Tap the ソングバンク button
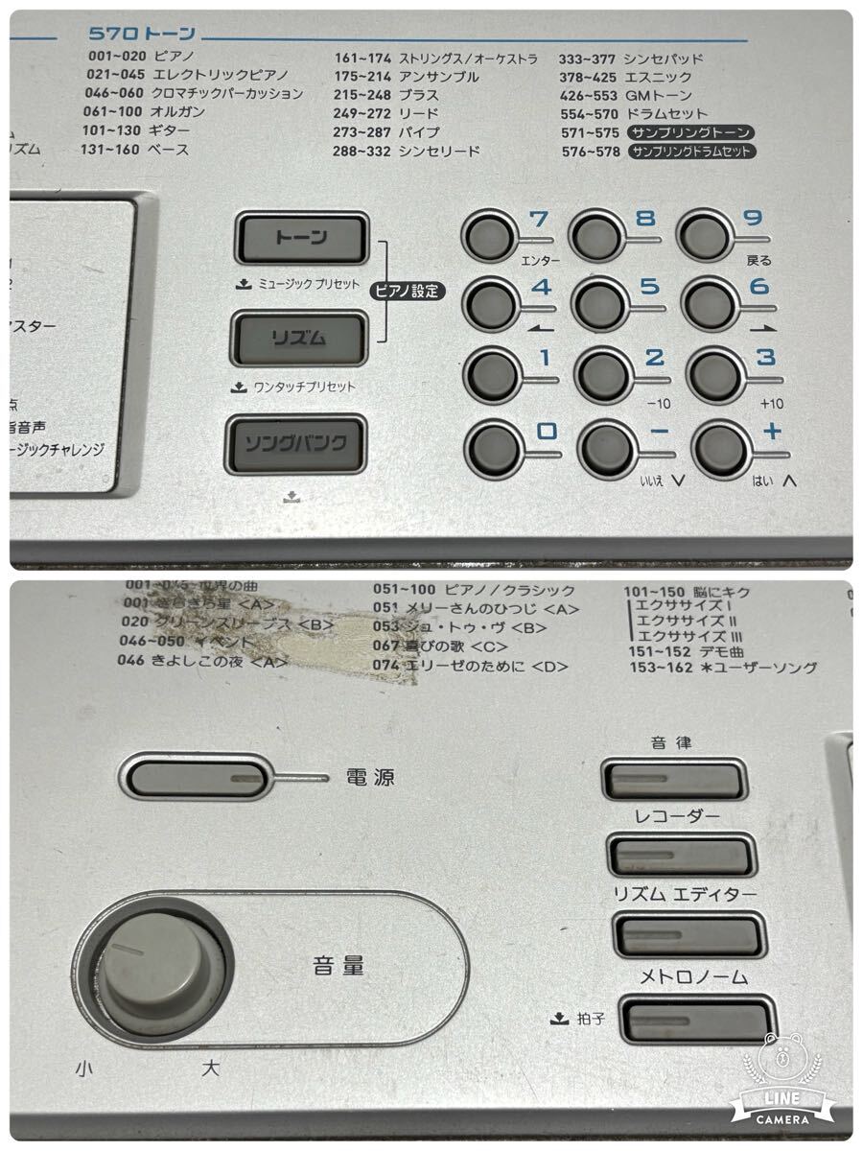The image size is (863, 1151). coord(295,443)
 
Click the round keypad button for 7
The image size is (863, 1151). coord(489,233)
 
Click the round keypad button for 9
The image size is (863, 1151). coord(705,233)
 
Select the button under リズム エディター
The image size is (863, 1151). coord(688,932)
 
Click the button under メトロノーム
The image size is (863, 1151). coord(696,1019)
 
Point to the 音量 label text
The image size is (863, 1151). coord(338,965)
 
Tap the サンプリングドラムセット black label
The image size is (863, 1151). coord(692,151)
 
